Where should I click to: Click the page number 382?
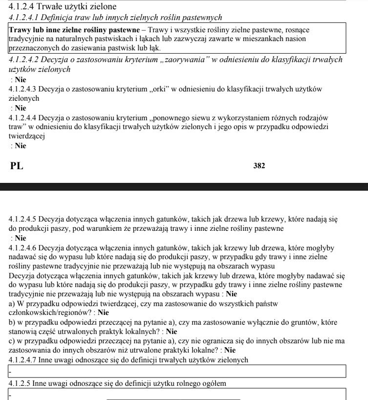tap(259, 166)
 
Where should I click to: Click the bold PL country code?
tap(17, 166)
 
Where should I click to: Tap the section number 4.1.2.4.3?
tap(23, 89)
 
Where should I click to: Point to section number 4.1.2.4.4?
tap(23, 117)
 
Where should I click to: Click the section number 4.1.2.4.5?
tap(23, 219)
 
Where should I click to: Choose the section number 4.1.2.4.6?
tap(23, 247)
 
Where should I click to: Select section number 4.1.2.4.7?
tap(23, 360)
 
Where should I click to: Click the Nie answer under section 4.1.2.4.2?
tap(21, 79)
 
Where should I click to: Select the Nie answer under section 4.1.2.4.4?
tap(21, 146)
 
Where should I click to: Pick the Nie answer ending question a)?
tap(103, 312)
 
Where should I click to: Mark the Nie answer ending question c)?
tap(230, 350)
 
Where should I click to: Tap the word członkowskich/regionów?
tap(51, 312)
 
